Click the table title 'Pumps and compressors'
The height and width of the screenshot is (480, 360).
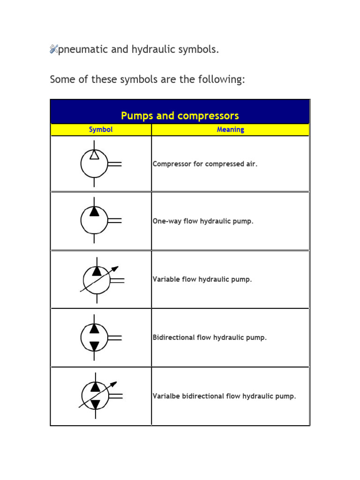coord(180,115)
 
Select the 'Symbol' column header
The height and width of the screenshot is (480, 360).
coord(101,130)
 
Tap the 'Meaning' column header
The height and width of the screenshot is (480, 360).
coord(230,130)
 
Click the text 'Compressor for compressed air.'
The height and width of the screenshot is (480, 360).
coord(205,164)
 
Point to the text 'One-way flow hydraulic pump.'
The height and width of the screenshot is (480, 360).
coord(203,221)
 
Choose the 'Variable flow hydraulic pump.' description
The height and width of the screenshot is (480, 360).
coord(202,279)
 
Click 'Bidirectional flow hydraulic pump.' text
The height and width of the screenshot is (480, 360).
coord(210,337)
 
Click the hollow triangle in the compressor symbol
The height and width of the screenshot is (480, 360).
coord(94,155)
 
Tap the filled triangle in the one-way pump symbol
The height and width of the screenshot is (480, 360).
coord(94,211)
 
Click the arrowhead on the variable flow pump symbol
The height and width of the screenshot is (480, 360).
coord(115,269)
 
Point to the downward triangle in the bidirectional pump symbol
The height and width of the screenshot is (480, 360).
coord(94,346)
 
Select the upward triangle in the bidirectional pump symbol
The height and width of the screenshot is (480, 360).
coord(94,329)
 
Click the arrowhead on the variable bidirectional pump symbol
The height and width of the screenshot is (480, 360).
coord(113,384)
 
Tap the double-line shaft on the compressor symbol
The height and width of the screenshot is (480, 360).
coord(115,164)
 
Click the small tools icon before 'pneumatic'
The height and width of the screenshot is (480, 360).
coord(53,49)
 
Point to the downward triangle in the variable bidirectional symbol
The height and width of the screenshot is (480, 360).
coord(95,404)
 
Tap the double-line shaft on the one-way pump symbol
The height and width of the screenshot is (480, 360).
coord(115,220)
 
